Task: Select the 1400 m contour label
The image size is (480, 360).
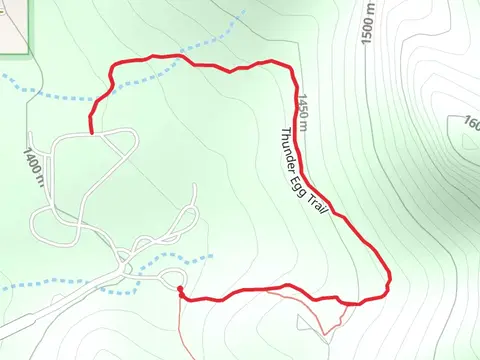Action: [x=34, y=166]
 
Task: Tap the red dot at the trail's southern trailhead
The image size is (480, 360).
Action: [x=180, y=291]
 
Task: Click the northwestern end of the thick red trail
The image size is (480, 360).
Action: [x=92, y=131]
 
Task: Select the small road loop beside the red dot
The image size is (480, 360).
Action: [x=172, y=278]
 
